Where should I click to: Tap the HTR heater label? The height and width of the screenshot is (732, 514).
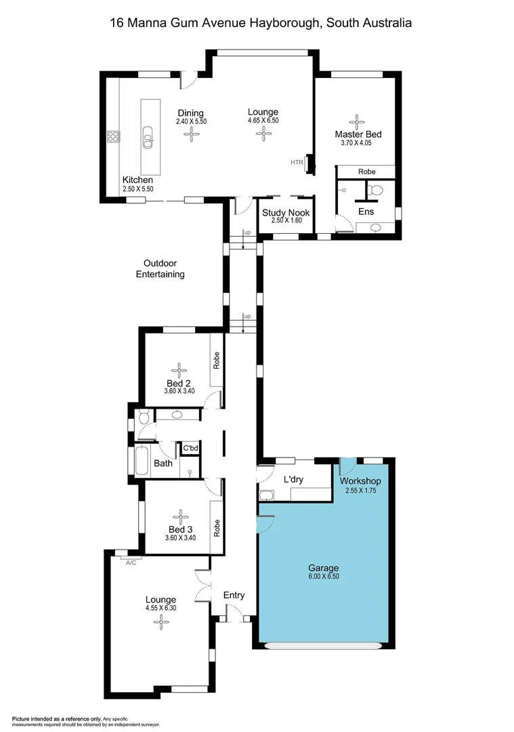297,163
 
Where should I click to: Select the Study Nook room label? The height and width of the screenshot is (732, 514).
286,213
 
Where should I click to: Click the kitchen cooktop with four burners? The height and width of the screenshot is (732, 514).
113,137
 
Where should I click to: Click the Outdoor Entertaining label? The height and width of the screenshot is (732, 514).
160,269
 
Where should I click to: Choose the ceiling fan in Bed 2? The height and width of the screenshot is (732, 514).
180,370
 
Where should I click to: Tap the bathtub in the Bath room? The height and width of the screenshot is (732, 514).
143,462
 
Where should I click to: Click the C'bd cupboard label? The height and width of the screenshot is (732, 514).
190,449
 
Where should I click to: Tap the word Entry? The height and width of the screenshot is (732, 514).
234,595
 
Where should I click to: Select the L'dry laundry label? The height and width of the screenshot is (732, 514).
293,479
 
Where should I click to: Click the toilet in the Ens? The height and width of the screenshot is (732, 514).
377,190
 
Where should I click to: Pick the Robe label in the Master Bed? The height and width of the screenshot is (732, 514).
366,172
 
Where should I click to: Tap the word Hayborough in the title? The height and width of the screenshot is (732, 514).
274,23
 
